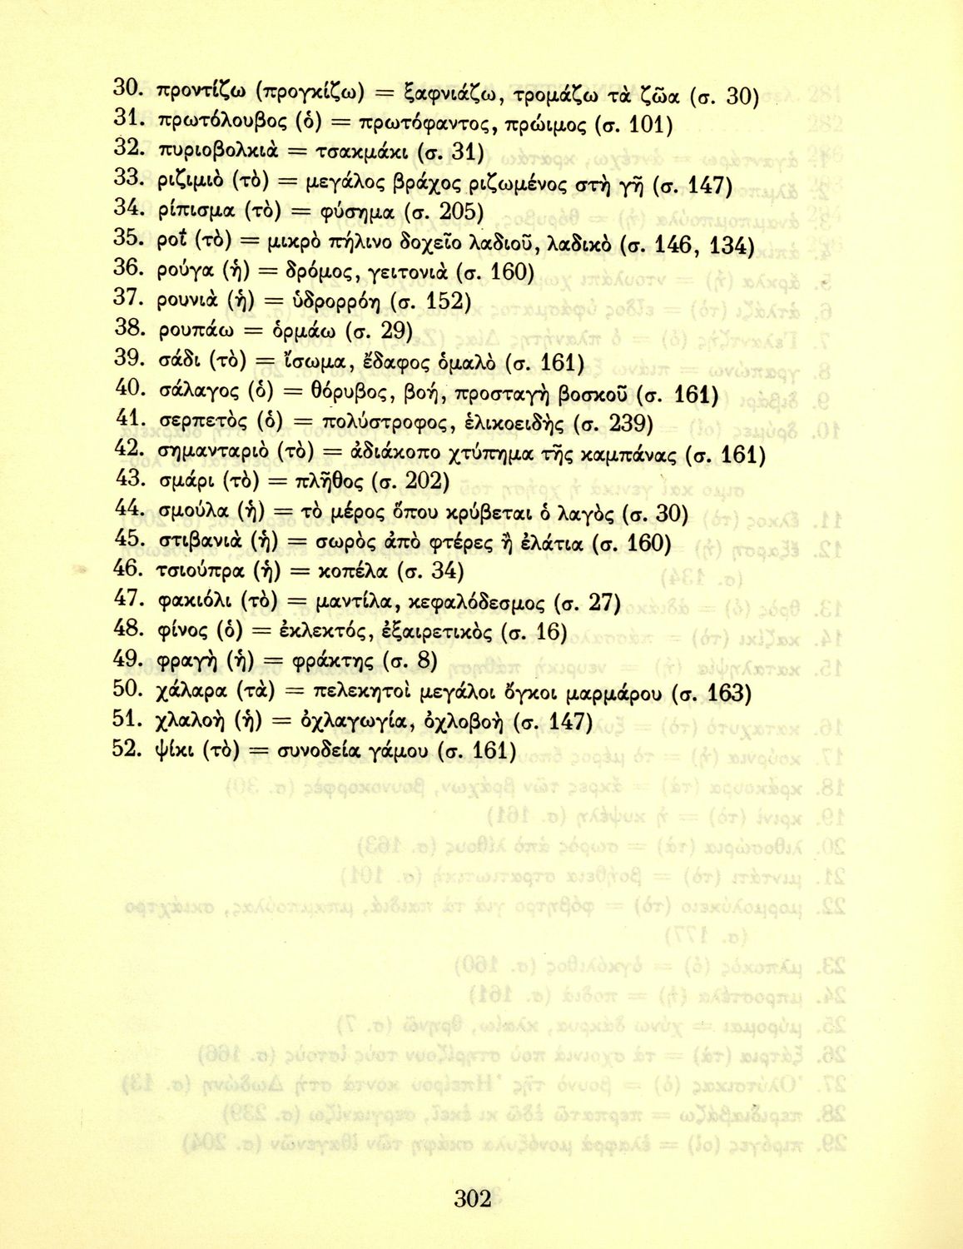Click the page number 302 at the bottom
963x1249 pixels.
[x=473, y=1199]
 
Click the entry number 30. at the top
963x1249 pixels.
[x=129, y=87]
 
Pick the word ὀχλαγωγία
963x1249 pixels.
[x=356, y=722]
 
